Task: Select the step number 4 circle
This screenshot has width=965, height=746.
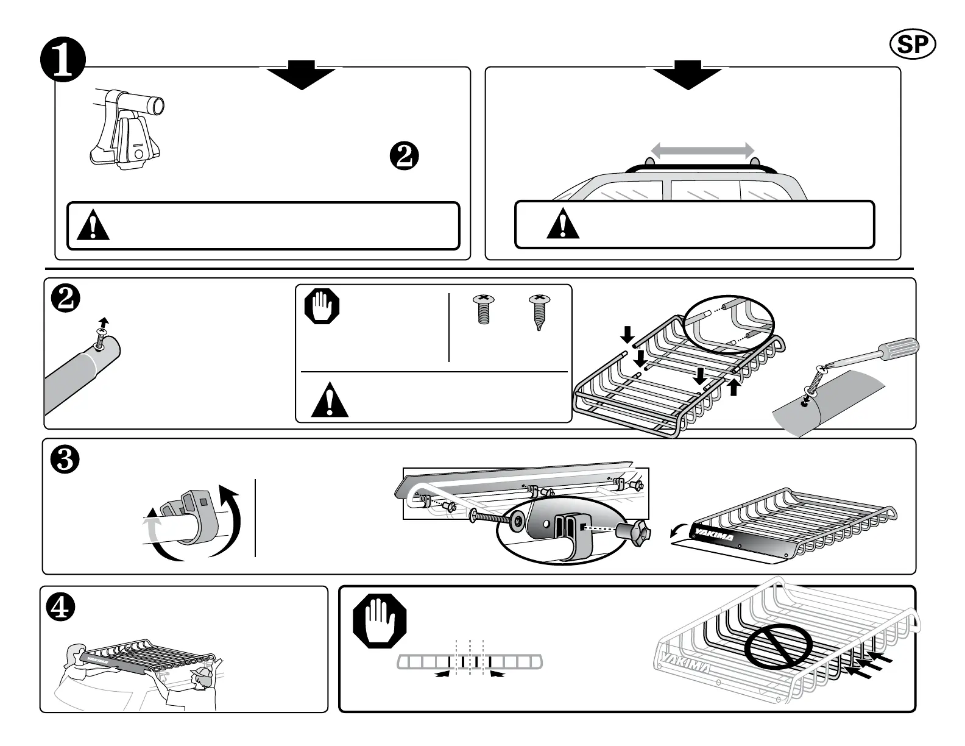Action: click(61, 608)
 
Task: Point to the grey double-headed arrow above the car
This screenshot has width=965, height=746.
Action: click(702, 150)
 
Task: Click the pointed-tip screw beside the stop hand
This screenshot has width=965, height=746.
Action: click(539, 313)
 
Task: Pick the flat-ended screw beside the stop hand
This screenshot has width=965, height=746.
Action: click(483, 309)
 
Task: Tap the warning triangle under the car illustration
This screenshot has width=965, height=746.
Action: click(563, 224)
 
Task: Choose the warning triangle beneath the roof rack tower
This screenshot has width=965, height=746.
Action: click(93, 226)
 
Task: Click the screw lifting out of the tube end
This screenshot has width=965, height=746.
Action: click(102, 333)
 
